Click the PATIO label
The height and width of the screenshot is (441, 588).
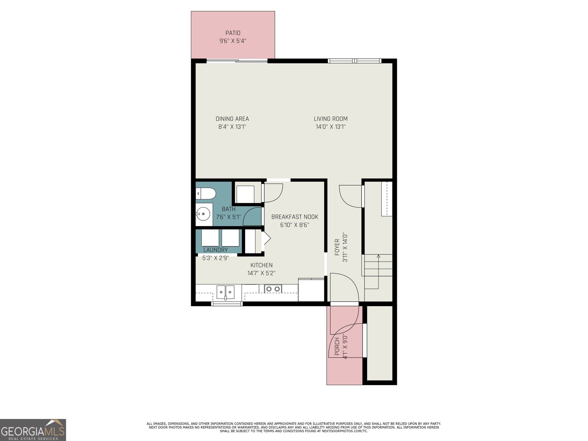tap(233, 33)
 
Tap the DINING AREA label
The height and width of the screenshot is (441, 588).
tap(232, 119)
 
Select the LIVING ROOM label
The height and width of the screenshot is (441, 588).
tap(330, 119)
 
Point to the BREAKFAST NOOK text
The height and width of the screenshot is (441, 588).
tap(295, 217)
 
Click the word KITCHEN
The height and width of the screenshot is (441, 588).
tap(261, 265)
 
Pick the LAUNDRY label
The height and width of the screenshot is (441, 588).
tap(216, 250)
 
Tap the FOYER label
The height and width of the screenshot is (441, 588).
tap(337, 247)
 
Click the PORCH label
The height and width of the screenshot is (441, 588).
tap(337, 347)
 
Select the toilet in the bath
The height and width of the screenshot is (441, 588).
tap(205, 193)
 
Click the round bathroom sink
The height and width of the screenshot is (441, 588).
tap(203, 214)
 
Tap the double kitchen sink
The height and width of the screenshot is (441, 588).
tap(226, 291)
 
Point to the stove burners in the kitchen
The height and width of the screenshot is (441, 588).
tap(273, 289)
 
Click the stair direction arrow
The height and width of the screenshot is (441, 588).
tap(378, 272)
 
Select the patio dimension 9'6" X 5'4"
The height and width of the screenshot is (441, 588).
tap(233, 41)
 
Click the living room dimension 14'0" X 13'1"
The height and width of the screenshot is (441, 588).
tap(330, 127)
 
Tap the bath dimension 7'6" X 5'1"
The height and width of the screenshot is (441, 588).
tap(229, 217)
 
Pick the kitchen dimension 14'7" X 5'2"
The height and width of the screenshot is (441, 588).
tap(261, 273)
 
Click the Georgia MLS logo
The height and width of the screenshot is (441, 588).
tap(33, 430)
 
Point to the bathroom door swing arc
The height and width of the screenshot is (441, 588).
tap(248, 212)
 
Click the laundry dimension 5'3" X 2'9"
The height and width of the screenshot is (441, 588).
tap(216, 258)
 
